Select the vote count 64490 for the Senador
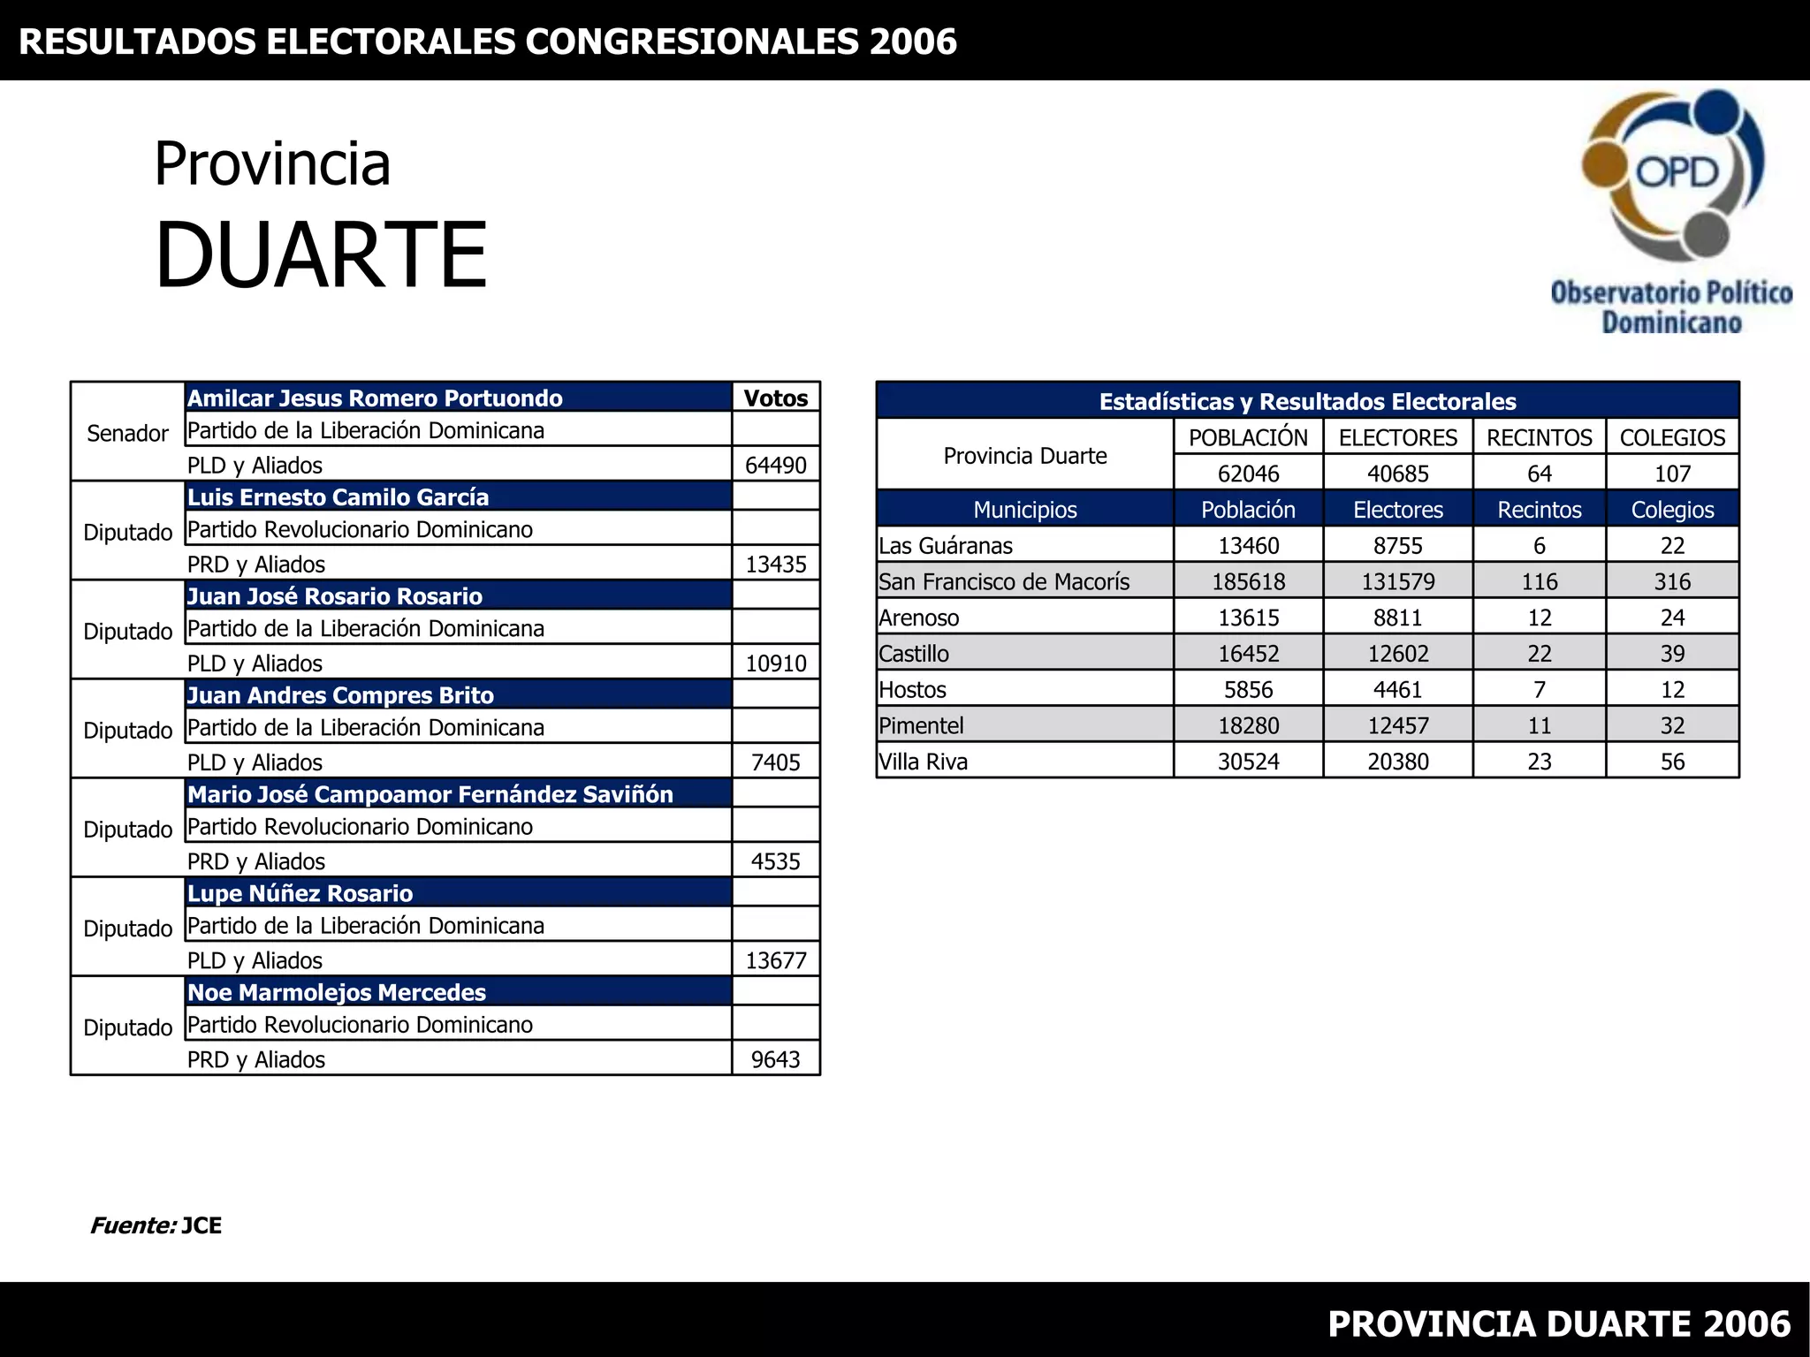click(x=775, y=465)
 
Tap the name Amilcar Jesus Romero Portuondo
click(x=375, y=398)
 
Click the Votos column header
click(x=775, y=398)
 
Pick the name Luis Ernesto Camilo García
click(x=338, y=497)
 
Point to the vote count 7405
click(x=775, y=762)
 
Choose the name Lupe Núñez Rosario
click(x=300, y=893)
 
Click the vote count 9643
click(x=775, y=1059)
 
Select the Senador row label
click(x=127, y=433)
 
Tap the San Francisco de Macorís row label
click(x=1004, y=581)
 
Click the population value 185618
click(x=1248, y=581)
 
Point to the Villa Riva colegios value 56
click(x=1672, y=762)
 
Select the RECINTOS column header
click(x=1539, y=437)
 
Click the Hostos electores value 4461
click(x=1397, y=689)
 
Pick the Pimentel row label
click(x=921, y=725)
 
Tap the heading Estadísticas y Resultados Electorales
click(x=1307, y=401)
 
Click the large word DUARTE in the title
click(x=321, y=255)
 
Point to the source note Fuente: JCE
click(x=156, y=1225)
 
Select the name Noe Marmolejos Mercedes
click(x=337, y=992)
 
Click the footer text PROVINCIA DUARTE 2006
click(x=1558, y=1323)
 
